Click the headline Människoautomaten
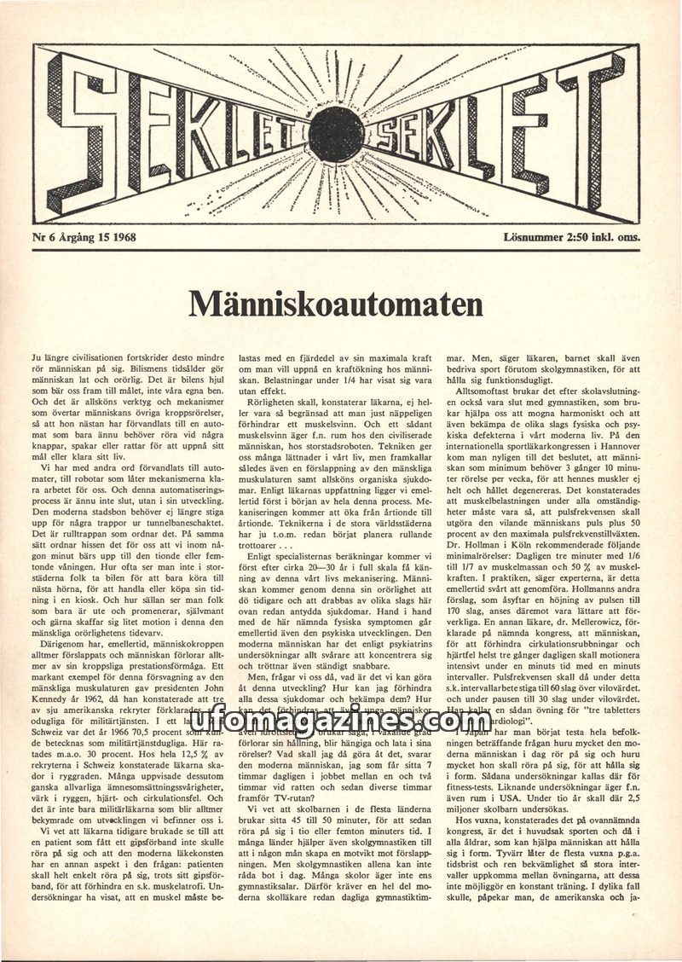pos(335,304)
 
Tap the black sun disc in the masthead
pos(337,134)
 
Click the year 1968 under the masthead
pos(121,238)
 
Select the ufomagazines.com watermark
pos(341,722)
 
